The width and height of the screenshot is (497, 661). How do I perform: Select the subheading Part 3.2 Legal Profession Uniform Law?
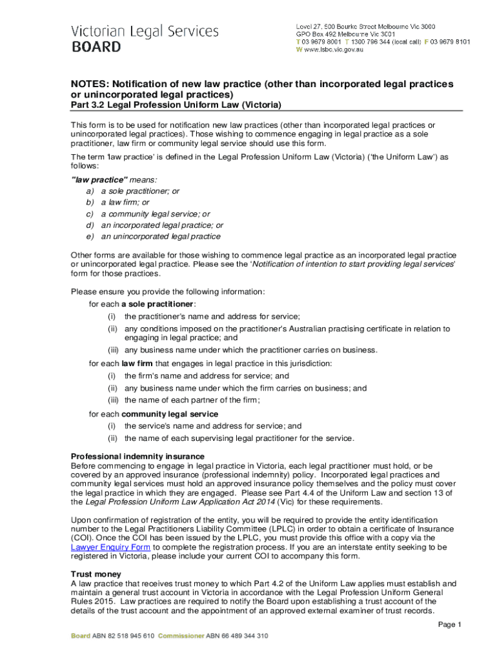pos(176,105)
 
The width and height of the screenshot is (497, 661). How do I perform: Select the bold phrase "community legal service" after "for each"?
pos(170,414)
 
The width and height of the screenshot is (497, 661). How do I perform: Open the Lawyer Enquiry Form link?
pos(110,547)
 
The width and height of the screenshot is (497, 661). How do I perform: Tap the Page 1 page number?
pos(450,625)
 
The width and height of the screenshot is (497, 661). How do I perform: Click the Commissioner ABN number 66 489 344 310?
pos(237,636)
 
